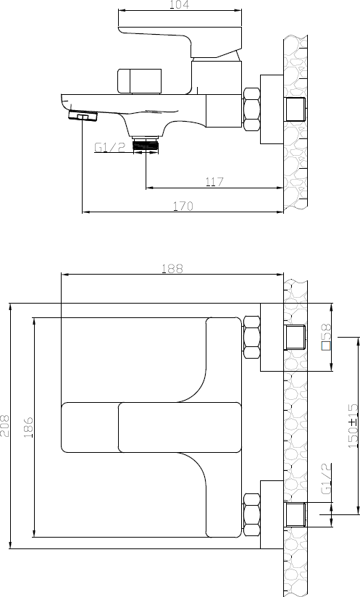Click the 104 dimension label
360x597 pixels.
pos(179,4)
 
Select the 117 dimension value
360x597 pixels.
pos(214,182)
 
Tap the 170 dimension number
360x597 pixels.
pos(183,206)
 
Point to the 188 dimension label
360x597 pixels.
pos(172,268)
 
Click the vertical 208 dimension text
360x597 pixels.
pos(5,426)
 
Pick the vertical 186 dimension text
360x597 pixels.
pos(28,427)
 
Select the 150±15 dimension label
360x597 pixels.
pos(353,426)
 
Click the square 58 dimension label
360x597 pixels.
pos(326,337)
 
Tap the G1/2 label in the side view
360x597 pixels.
pos(109,147)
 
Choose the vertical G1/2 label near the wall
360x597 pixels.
pos(326,479)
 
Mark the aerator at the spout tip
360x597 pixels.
pos(83,116)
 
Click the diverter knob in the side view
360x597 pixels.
pos(139,81)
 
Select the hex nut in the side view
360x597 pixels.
pos(251,109)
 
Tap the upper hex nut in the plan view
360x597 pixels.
pos(251,337)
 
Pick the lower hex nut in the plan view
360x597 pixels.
pos(251,516)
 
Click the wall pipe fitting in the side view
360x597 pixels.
pos(296,109)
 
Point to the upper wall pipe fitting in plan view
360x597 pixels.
pos(296,338)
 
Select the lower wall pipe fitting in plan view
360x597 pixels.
pos(296,514)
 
